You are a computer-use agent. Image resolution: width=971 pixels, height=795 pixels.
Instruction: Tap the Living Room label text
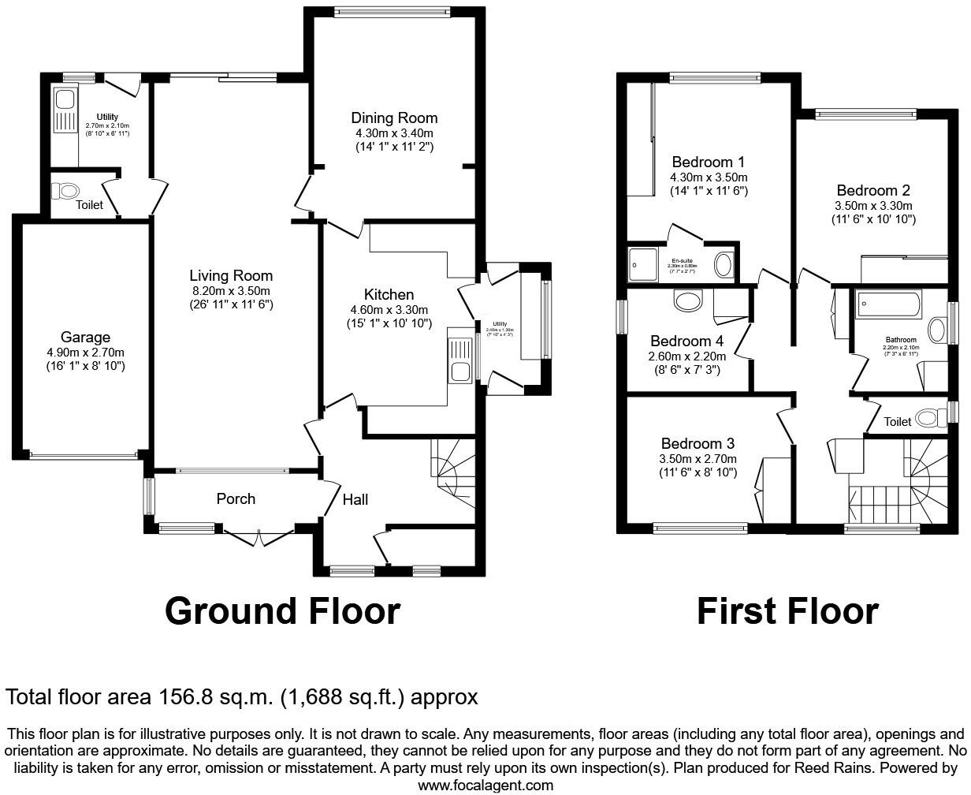(231, 275)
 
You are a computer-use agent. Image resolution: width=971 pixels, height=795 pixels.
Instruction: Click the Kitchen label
(389, 295)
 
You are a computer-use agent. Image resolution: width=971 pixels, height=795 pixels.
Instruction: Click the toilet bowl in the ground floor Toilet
(66, 191)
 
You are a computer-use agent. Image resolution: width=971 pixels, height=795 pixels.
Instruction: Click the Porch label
(236, 498)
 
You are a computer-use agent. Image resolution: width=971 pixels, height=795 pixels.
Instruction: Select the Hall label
(355, 498)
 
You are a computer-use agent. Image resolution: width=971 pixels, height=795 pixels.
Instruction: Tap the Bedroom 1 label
(708, 162)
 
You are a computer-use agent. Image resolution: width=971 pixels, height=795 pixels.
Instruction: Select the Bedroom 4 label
(687, 341)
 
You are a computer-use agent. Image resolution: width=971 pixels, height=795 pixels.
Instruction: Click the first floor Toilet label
(897, 422)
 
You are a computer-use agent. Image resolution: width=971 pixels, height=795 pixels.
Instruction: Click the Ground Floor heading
(282, 611)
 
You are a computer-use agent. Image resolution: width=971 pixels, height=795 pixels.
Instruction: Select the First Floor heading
(787, 611)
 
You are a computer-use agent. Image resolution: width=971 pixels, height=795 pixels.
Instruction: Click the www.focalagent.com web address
(485, 786)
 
